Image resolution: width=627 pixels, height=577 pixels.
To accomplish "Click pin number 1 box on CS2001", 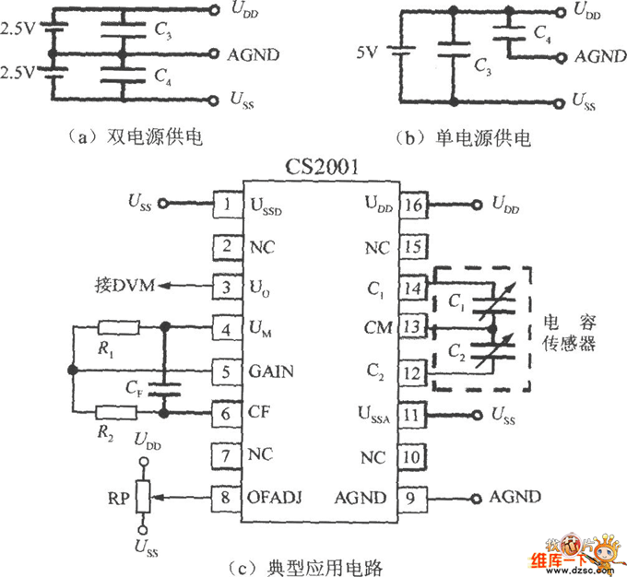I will pos(226,203).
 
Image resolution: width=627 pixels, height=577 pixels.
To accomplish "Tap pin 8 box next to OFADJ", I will pos(226,498).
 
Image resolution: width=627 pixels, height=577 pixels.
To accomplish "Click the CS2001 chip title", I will pos(321,169).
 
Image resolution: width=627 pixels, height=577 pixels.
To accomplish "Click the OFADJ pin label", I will pos(276,498).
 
